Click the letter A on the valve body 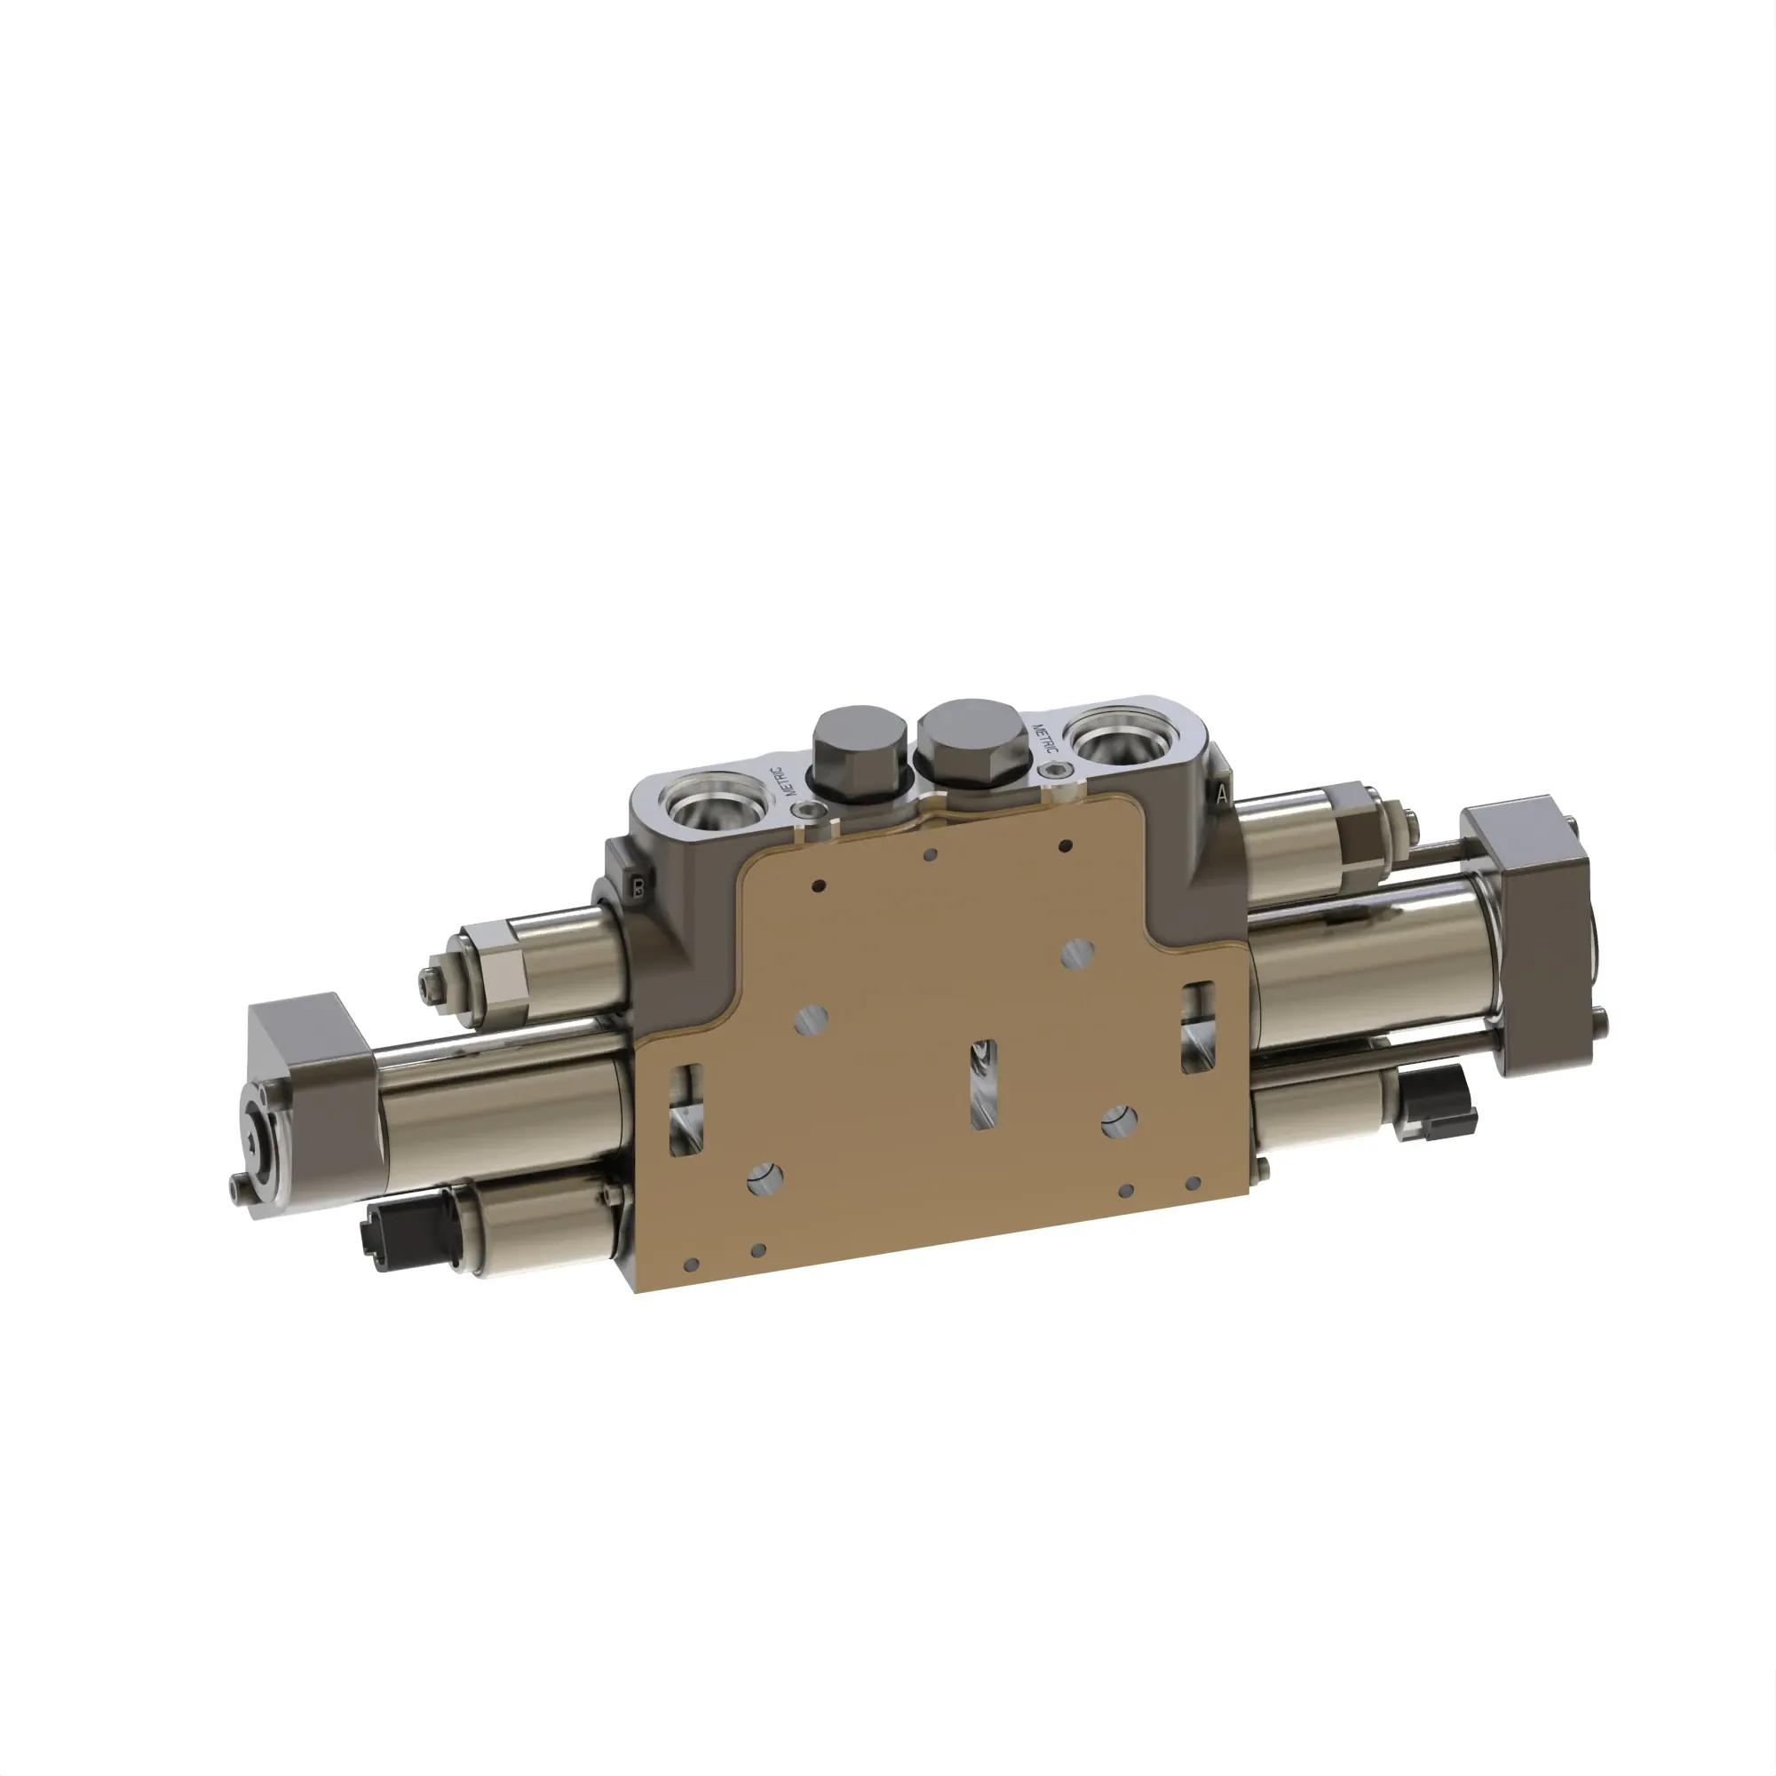click(1221, 793)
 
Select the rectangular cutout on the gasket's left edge click(686, 1108)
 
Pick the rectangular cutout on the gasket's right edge click(1197, 1026)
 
